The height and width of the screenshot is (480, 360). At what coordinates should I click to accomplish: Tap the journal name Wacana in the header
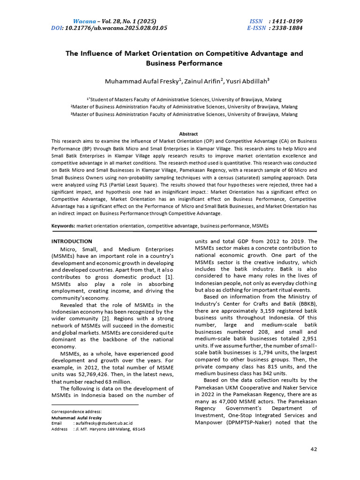pos(84,21)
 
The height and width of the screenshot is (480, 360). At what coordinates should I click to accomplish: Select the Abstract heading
pos(189,134)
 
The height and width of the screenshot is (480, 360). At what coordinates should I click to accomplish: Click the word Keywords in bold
pos(63,226)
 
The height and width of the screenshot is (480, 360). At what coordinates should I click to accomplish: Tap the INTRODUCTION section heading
pos(72,241)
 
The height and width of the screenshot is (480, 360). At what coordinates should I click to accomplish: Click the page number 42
pos(314,450)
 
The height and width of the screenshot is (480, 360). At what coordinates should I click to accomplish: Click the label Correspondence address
pos(75,411)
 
